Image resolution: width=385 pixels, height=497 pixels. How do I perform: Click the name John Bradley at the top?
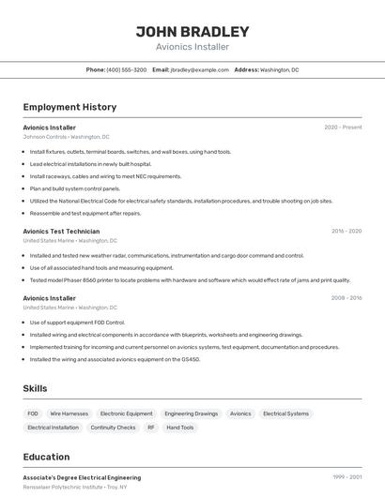coord(192,32)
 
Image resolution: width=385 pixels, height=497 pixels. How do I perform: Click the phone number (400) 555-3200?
coord(127,69)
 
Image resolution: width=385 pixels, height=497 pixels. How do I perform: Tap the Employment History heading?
coord(69,107)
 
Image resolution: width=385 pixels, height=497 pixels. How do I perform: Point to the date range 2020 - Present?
coord(343,127)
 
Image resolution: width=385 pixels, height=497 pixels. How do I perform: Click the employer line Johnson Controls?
coord(66,137)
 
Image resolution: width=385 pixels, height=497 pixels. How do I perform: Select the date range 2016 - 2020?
coord(346,231)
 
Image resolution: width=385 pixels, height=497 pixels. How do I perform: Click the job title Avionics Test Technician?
coord(61,231)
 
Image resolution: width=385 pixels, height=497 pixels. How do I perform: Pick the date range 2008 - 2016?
coord(346,298)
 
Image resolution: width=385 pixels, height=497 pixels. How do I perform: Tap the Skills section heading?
coord(36,388)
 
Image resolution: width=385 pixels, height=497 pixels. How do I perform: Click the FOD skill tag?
coord(33,414)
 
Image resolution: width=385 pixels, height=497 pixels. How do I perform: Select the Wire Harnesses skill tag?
coord(69,414)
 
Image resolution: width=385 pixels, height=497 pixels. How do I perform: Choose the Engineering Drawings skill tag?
coord(191,414)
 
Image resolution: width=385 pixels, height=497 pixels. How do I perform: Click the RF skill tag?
coord(150,428)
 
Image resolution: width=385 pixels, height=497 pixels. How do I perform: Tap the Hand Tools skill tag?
coord(180,428)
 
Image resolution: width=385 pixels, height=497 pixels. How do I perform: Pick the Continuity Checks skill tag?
coord(113,428)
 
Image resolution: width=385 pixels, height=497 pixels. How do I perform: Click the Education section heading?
coord(47,457)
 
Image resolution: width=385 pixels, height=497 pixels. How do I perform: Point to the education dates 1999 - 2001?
coord(346,477)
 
